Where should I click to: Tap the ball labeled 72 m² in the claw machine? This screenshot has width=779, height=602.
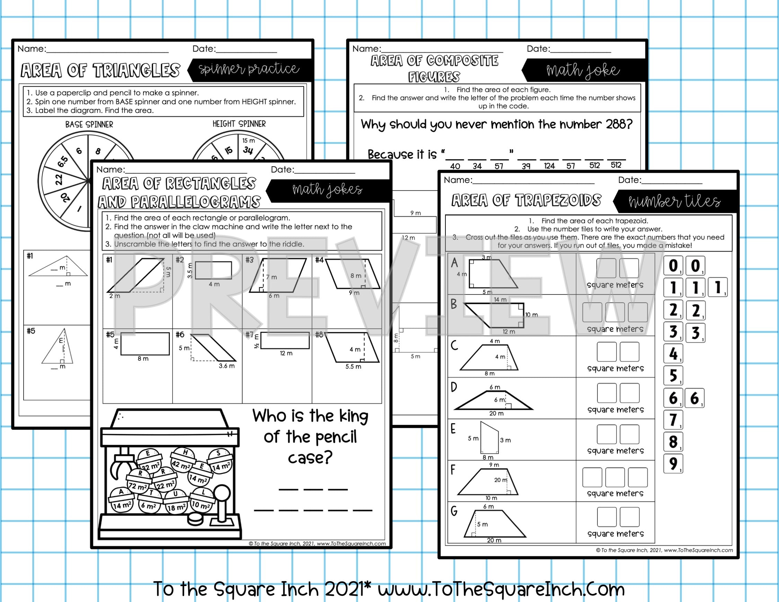[x=138, y=482]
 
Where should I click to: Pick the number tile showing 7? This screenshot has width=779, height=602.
[x=673, y=420]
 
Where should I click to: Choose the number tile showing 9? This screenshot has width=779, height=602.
[x=673, y=464]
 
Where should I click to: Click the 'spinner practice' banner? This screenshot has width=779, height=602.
[x=249, y=69]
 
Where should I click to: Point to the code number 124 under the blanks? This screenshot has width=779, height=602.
[x=549, y=166]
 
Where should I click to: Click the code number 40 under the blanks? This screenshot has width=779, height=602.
[x=455, y=166]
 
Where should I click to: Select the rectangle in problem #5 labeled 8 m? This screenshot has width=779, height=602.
[x=145, y=344]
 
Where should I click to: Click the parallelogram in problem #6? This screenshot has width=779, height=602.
[x=213, y=348]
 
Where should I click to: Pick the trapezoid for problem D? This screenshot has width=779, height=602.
[x=494, y=401]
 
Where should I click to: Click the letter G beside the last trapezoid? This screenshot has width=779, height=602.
[x=454, y=511]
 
